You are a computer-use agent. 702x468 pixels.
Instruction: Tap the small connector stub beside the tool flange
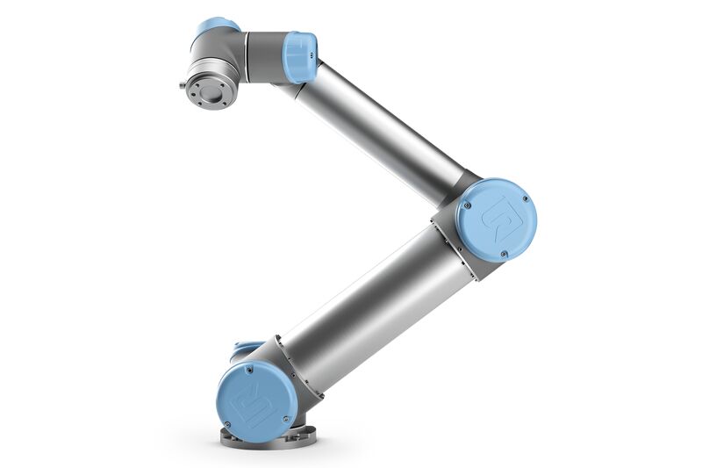(183, 86)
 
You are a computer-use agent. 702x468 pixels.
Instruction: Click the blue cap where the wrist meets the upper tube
(300, 57)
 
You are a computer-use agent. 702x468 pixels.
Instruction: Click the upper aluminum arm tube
(386, 123)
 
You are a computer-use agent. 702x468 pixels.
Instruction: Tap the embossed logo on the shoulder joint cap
(254, 400)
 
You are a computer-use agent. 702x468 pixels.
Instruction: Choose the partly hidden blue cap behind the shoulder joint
(247, 349)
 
